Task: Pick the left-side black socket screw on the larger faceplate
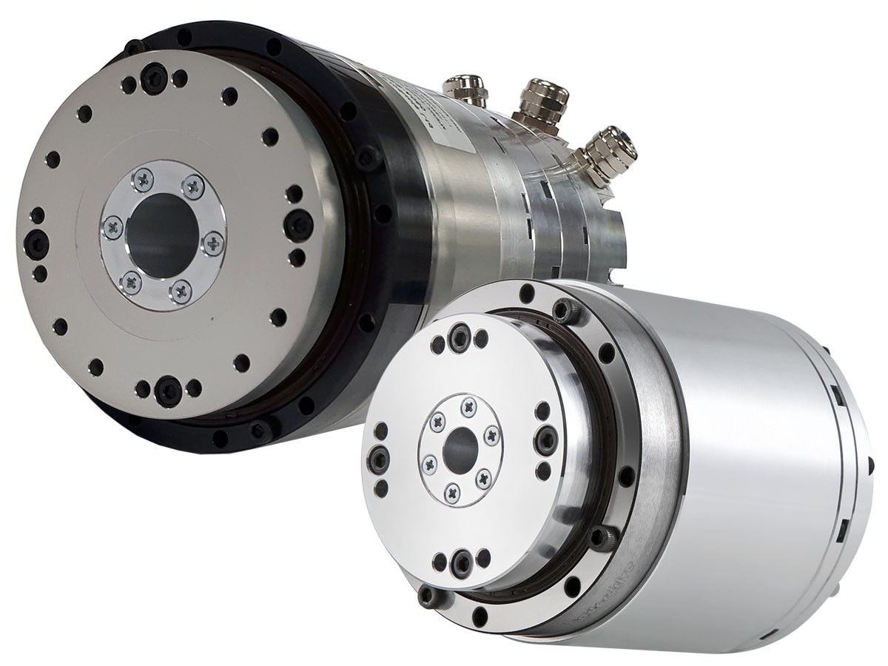(x=34, y=241)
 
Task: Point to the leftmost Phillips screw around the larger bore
(x=111, y=225)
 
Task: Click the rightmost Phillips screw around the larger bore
(x=212, y=241)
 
